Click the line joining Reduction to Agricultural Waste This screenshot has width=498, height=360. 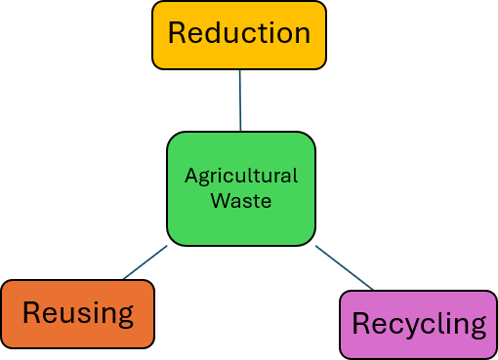(x=239, y=100)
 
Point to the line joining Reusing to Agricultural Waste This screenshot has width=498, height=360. (x=145, y=262)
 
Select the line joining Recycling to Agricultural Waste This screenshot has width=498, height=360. (x=345, y=268)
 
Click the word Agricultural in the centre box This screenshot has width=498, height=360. (x=241, y=177)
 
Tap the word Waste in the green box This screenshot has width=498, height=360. (x=241, y=201)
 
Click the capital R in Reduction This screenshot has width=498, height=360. (x=177, y=34)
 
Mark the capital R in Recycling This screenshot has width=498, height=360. (x=360, y=324)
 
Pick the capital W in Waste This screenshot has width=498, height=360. (x=220, y=201)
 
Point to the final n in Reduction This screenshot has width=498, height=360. (x=302, y=36)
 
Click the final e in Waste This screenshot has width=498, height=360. (x=266, y=202)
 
